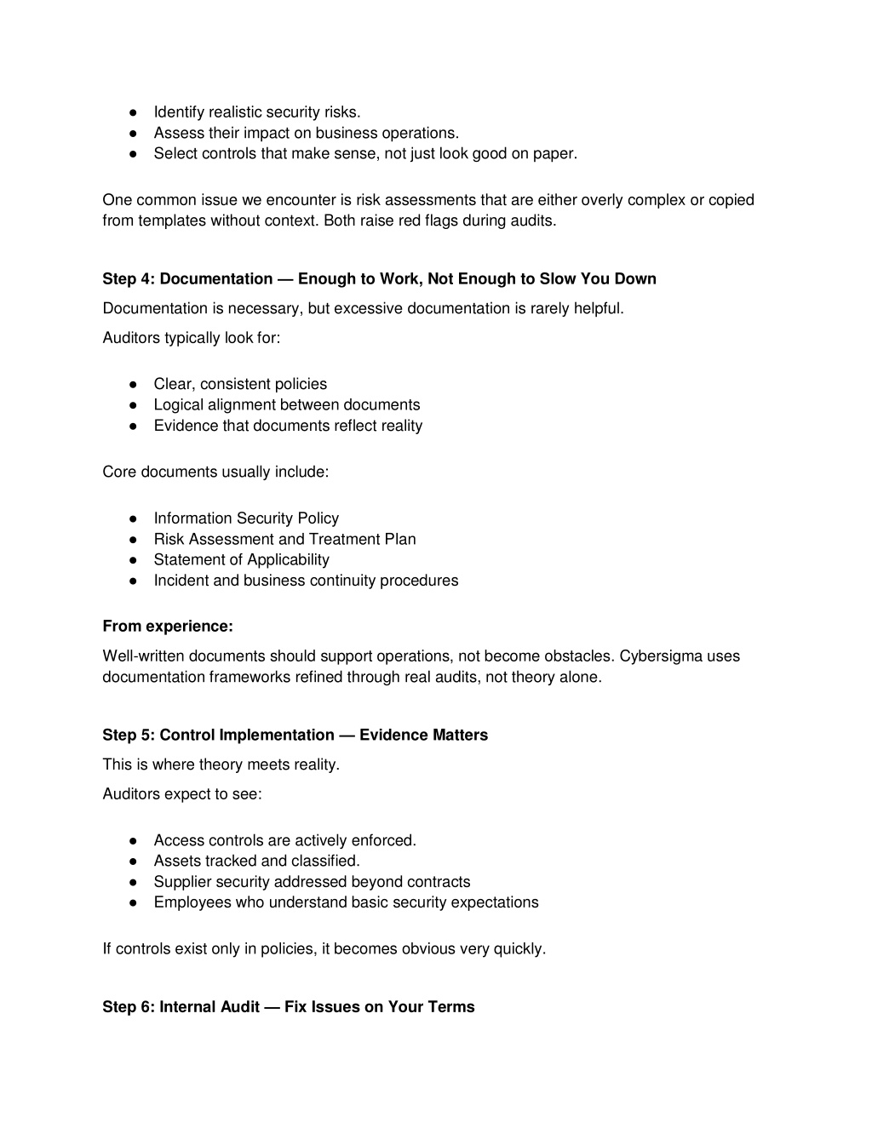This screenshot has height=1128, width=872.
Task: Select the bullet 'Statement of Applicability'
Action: [241, 560]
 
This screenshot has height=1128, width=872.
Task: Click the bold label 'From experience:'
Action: [168, 627]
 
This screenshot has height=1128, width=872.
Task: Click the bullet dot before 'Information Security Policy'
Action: [134, 518]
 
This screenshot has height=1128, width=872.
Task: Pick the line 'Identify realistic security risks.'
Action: [257, 112]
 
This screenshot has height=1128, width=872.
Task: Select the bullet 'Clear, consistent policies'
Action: [240, 385]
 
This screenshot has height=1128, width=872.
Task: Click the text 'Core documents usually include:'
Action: [215, 472]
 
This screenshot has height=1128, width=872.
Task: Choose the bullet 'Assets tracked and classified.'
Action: [256, 861]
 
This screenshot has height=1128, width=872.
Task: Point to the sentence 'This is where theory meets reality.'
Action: [221, 764]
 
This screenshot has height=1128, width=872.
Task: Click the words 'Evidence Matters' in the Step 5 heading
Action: [423, 736]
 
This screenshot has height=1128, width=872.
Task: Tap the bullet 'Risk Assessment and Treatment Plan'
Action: [284, 539]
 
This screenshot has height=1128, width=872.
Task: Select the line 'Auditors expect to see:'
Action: [182, 794]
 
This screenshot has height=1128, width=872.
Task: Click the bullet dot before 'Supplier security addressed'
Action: [134, 882]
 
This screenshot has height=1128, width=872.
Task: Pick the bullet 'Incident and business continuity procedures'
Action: [306, 581]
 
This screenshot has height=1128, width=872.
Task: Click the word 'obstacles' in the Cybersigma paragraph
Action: [579, 656]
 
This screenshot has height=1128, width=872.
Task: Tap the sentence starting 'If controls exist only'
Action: [324, 949]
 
